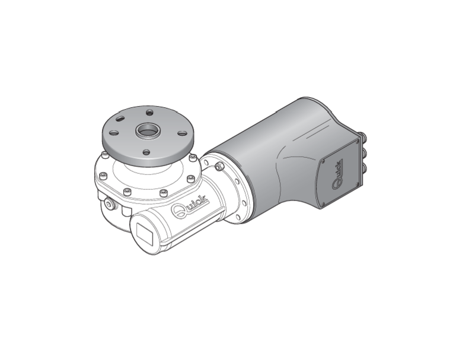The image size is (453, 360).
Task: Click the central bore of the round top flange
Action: tap(148, 131)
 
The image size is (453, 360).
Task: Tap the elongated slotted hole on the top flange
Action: tap(120, 118)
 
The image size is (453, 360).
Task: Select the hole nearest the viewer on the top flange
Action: tap(147, 152)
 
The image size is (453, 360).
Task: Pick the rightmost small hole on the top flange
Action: tap(182, 133)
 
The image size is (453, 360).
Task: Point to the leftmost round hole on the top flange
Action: tap(114, 133)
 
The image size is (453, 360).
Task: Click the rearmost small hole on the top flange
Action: tap(149, 112)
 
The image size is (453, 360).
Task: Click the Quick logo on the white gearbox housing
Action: tap(189, 206)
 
